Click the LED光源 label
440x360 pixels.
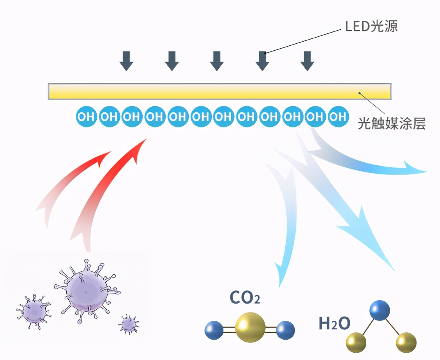[x=371, y=26]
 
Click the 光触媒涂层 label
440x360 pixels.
[x=392, y=124]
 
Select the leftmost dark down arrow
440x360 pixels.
[x=126, y=61]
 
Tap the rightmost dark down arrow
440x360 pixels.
[x=307, y=61]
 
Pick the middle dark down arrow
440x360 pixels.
[x=217, y=61]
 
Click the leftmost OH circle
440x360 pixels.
[x=86, y=116]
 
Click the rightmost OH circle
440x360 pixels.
[x=338, y=116]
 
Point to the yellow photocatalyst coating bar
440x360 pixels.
[x=219, y=91]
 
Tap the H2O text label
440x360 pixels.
[x=334, y=324]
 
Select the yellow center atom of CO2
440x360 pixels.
[x=250, y=328]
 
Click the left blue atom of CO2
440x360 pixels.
[x=214, y=330]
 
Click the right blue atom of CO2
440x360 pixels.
[x=285, y=330]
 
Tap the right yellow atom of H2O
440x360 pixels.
[x=406, y=342]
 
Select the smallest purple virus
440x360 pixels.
[x=129, y=325]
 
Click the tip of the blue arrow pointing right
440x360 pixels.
[x=425, y=171]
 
